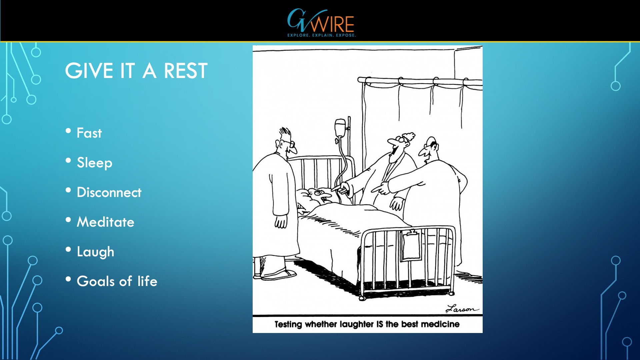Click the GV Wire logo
point(321,23)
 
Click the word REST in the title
point(186,71)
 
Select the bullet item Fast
point(89,133)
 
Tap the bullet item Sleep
point(94,163)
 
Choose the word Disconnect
point(109,192)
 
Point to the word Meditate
point(105,222)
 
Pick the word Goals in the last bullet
point(95,281)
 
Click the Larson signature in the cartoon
point(462,309)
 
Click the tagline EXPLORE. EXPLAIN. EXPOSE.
point(322,35)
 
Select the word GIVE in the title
point(89,71)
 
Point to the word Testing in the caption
point(288,324)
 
